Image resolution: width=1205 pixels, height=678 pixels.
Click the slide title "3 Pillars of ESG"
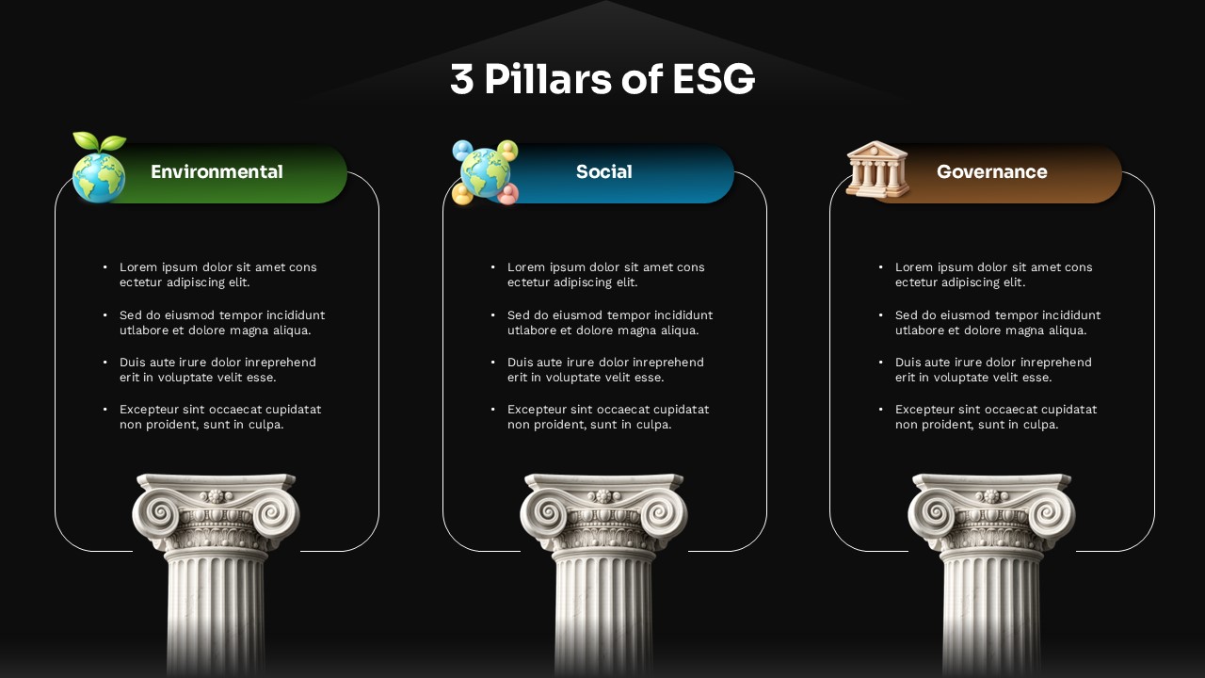click(x=602, y=79)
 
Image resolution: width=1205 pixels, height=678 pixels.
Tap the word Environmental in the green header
click(x=217, y=171)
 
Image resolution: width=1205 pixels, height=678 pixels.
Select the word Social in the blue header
click(x=603, y=171)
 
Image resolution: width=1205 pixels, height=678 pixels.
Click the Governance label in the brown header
click(x=991, y=171)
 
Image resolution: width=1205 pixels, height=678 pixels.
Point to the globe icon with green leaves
click(x=99, y=175)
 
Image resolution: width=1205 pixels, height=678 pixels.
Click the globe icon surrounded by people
click(x=485, y=172)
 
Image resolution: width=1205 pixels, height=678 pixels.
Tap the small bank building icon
click(x=877, y=169)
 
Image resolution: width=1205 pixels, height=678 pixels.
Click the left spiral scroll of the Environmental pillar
click(x=154, y=513)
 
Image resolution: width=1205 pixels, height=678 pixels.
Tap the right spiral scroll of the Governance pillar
click(x=1052, y=513)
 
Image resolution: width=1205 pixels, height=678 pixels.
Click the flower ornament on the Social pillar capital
click(x=603, y=495)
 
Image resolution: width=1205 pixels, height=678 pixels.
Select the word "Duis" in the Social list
click(x=522, y=363)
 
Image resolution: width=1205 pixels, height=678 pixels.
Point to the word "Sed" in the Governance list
click(x=907, y=315)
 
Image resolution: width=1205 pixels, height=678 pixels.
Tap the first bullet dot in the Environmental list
click(x=105, y=267)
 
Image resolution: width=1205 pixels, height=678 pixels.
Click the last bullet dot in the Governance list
click(x=881, y=410)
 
